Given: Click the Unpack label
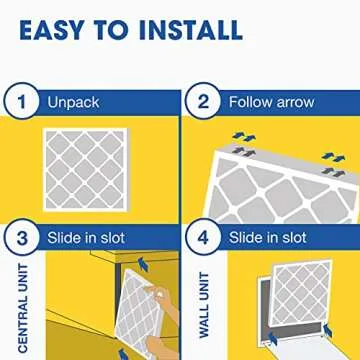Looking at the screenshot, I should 72,102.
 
